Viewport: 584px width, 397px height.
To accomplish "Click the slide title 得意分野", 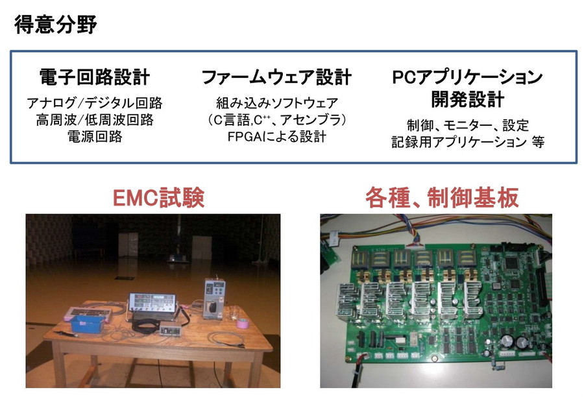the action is coord(56,25).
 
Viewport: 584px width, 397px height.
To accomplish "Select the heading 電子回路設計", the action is coord(95,77).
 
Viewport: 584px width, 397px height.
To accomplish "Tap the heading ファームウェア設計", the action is coord(276,77).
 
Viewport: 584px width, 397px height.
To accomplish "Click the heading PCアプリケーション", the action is coord(467,77).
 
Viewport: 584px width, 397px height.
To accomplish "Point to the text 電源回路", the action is coord(95,136).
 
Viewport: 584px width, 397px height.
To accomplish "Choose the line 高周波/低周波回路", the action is coord(95,119).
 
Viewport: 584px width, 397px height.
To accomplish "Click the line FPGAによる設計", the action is coord(276,136).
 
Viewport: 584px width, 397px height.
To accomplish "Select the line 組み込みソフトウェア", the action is coord(276,102).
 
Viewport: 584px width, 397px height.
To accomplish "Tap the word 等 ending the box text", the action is coord(538,141).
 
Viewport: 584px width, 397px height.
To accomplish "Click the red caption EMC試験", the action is coord(158,197).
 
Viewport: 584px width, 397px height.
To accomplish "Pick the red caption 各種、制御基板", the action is coord(442,197).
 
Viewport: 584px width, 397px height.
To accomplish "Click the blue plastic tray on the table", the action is coord(87,323).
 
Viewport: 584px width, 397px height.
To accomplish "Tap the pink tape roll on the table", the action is coord(243,322).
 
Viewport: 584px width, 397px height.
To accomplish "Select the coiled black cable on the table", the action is coord(147,324).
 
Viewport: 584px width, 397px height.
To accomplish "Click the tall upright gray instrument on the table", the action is coord(213,298).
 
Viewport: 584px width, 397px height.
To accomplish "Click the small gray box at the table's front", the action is coord(171,330).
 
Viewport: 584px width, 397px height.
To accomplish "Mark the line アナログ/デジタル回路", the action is coord(95,102).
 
